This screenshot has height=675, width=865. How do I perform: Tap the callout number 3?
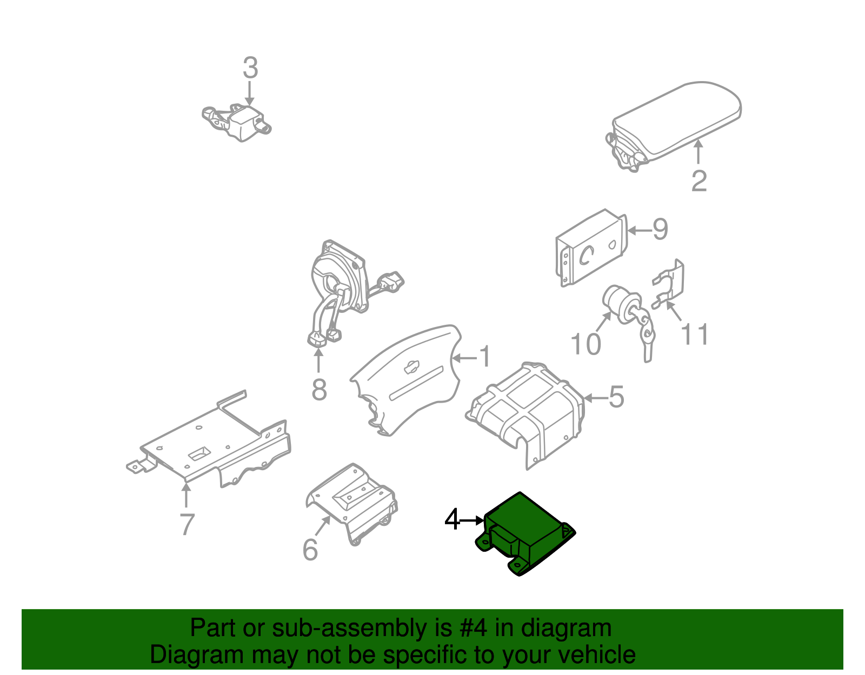250,69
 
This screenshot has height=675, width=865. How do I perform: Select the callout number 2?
698,181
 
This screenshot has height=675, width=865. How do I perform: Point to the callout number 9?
660,230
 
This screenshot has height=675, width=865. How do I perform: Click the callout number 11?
695,335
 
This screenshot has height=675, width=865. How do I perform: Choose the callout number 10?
586,344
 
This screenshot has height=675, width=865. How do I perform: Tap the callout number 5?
616,397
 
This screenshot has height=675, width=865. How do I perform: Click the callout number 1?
485,357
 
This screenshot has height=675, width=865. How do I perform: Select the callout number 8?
319,390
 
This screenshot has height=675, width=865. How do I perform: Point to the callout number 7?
187,524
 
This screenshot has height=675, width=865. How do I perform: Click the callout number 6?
310,550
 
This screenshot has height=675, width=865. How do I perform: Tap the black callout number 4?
451,520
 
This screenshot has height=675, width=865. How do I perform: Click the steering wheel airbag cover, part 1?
411,378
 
